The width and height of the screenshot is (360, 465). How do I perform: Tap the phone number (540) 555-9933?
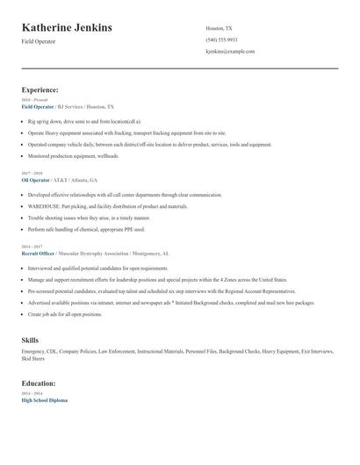(x=221, y=39)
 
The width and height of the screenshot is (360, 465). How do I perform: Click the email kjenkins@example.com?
(x=230, y=52)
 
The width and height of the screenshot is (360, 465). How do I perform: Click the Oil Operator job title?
(x=40, y=179)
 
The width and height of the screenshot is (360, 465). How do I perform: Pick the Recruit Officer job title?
(x=43, y=254)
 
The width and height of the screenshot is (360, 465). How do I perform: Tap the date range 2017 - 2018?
(x=32, y=173)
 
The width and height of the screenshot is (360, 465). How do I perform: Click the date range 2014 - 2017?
(x=32, y=247)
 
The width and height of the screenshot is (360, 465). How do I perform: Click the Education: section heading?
(x=40, y=383)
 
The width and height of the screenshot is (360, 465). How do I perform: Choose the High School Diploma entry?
(x=45, y=400)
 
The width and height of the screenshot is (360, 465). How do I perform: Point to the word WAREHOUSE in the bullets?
(x=44, y=206)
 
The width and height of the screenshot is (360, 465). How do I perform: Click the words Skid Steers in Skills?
(x=33, y=359)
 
